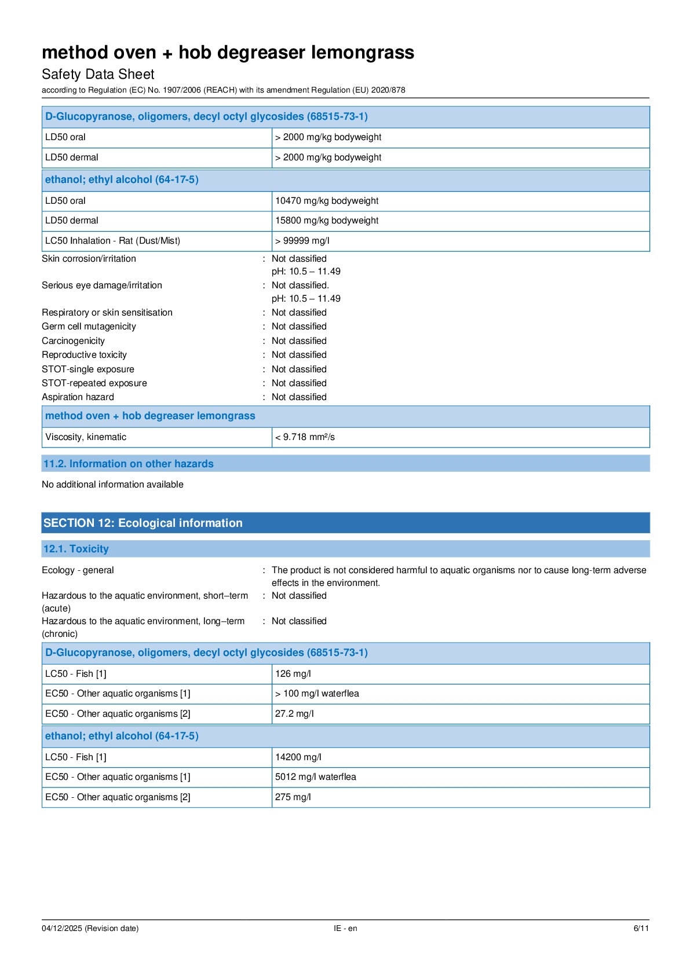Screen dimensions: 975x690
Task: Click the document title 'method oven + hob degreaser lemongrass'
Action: (228, 53)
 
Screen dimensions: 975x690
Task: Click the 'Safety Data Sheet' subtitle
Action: (98, 74)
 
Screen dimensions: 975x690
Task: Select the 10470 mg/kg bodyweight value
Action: (327, 201)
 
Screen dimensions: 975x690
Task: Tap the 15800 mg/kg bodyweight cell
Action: (327, 221)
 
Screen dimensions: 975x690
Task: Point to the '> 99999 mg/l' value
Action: (302, 241)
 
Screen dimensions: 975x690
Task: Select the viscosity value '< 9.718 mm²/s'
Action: (305, 437)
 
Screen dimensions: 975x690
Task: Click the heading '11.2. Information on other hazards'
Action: (128, 464)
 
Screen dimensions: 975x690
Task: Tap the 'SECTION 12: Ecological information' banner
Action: (143, 523)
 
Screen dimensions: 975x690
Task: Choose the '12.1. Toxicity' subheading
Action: (76, 549)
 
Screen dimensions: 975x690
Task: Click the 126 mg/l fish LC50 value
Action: (293, 674)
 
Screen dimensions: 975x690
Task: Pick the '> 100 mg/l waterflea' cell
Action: (317, 694)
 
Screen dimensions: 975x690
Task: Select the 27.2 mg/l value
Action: (294, 714)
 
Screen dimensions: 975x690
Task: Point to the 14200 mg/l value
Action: (298, 757)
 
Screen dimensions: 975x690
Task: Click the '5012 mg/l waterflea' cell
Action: (316, 777)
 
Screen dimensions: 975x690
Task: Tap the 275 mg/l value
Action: (293, 797)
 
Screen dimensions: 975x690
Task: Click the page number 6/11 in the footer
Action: (641, 928)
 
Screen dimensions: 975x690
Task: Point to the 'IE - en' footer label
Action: (345, 928)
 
